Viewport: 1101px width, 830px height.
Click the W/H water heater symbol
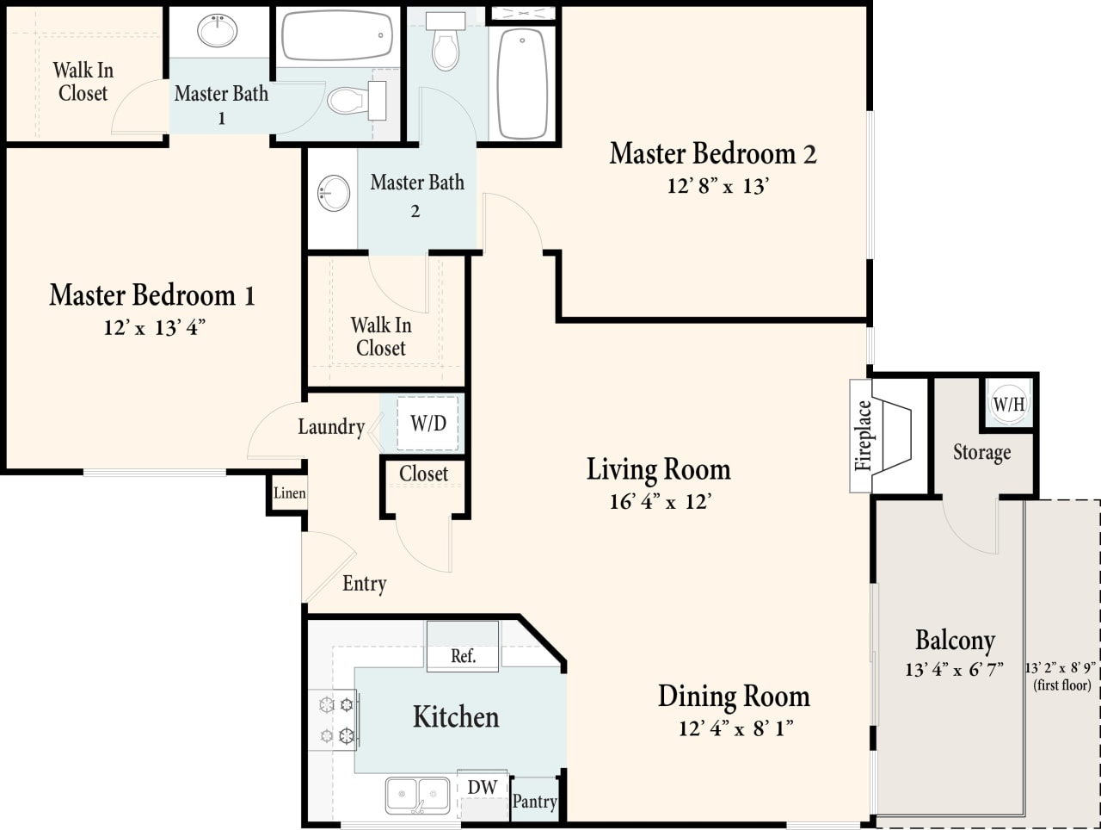click(x=1009, y=403)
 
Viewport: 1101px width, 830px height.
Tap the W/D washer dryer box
click(x=427, y=423)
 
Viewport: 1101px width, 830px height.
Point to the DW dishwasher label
click(x=482, y=787)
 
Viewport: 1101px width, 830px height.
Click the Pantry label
click(x=534, y=801)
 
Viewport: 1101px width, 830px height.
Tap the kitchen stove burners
click(x=336, y=720)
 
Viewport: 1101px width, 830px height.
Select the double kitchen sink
click(x=417, y=796)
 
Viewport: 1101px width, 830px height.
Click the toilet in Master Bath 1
click(x=355, y=100)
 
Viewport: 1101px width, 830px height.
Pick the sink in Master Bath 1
click(x=218, y=31)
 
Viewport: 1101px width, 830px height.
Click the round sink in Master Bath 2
click(x=334, y=193)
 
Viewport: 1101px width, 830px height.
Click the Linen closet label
click(x=289, y=493)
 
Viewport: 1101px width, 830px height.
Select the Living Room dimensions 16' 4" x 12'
click(x=660, y=501)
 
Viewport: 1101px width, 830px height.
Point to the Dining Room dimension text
click(x=735, y=728)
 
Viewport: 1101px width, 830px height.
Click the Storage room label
click(x=981, y=452)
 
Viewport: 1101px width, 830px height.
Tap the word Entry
click(x=365, y=584)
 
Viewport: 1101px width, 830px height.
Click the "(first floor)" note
click(x=1061, y=685)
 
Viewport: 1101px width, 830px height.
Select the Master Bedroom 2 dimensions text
click(x=717, y=186)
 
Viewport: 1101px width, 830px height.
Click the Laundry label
click(x=331, y=426)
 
